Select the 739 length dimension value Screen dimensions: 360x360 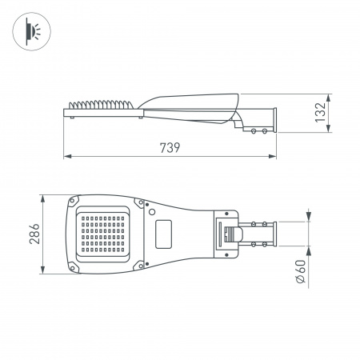(x=170, y=148)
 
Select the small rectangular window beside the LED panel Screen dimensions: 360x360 (x=165, y=234)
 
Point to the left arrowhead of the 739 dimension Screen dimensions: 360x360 (x=66, y=157)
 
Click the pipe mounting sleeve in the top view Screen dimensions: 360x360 (x=260, y=234)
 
